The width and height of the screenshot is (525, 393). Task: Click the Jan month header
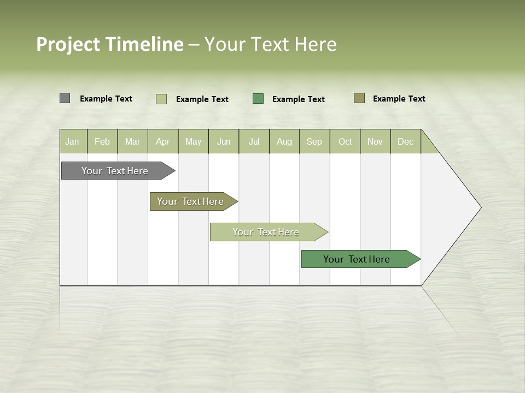72,142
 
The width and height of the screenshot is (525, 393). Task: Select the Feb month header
102,142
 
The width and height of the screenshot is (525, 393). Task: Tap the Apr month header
163,142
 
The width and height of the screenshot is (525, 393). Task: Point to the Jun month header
224,142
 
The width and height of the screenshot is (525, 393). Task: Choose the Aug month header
284,142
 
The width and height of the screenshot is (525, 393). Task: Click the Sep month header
314,142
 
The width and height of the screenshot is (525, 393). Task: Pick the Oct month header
345,142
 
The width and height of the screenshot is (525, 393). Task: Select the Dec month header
406,142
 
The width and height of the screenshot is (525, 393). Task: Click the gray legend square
65,98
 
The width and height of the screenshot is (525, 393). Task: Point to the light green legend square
161,99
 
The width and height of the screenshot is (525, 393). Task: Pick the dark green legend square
258,98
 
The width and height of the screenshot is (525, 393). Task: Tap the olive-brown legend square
359,98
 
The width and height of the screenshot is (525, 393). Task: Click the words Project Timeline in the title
110,44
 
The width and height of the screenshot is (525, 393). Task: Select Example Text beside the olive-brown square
399,99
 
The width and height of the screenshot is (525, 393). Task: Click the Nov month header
375,142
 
